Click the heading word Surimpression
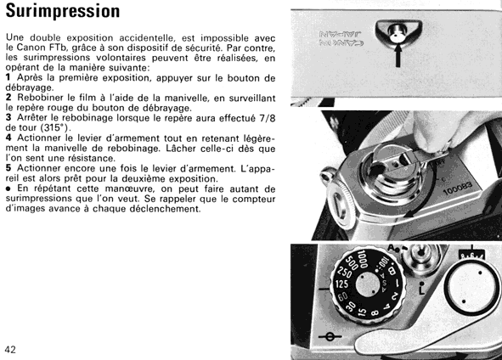click(63, 10)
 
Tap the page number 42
click(10, 350)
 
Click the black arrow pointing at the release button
click(398, 56)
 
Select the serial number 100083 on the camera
click(458, 188)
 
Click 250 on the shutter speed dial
click(344, 272)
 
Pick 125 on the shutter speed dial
click(341, 284)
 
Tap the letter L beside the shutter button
click(421, 290)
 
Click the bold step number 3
click(8, 117)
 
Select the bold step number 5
click(8, 167)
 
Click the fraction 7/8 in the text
click(268, 118)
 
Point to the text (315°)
click(55, 127)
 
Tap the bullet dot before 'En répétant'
click(8, 188)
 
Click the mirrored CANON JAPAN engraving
click(341, 38)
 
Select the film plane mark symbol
click(330, 336)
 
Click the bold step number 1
click(8, 77)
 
